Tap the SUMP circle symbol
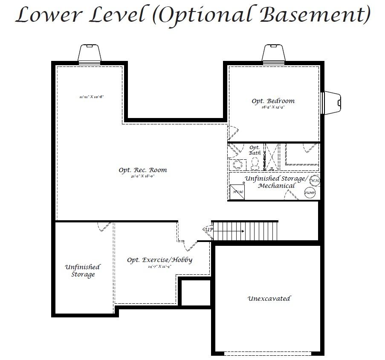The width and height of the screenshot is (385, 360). pos(310,193)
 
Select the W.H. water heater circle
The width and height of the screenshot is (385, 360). pos(315,181)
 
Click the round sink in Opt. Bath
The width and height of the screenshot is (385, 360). pos(237,164)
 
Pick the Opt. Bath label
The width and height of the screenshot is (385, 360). pos(255,150)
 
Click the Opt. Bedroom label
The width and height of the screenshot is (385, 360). pos(273,101)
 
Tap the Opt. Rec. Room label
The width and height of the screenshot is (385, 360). pos(143,170)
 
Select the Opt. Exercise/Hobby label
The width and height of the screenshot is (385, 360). pos(160,260)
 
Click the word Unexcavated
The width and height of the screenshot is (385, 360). pos(269,299)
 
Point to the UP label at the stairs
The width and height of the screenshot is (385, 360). pos(209,230)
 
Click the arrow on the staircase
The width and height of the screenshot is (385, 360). pos(230,231)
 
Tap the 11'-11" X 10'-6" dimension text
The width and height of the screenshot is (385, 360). pos(92,97)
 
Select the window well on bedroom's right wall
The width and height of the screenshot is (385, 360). pos(332,102)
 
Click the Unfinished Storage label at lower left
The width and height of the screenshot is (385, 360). pos(83,271)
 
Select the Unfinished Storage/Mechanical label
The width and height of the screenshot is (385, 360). pos(275,182)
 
